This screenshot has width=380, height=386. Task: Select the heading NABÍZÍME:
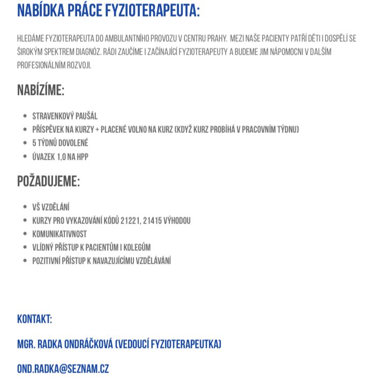coord(41,90)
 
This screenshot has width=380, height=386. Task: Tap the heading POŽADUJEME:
coord(48,181)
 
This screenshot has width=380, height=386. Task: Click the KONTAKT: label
coord(34,320)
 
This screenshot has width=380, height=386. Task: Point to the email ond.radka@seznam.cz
coord(63,369)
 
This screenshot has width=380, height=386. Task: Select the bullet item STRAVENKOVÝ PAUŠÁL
coord(65,116)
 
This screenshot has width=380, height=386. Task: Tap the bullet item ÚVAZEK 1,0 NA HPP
coord(60,157)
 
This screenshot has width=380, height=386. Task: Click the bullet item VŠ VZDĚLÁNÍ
coord(51,207)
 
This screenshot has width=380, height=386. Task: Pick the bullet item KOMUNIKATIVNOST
coord(59,234)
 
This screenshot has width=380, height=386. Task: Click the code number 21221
coord(131,220)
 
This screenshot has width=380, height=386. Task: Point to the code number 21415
coord(155,220)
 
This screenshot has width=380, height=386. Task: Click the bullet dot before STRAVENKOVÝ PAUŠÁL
coord(25,116)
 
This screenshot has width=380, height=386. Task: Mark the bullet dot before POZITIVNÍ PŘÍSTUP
coord(25,261)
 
